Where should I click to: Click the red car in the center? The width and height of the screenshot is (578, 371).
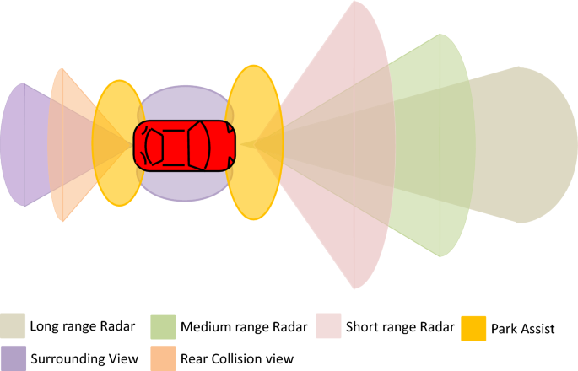point(184,146)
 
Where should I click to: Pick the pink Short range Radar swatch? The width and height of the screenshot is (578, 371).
point(327,325)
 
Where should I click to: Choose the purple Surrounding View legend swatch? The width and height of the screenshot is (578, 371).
point(13,358)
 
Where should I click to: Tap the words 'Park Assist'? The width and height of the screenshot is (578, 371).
point(522,329)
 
